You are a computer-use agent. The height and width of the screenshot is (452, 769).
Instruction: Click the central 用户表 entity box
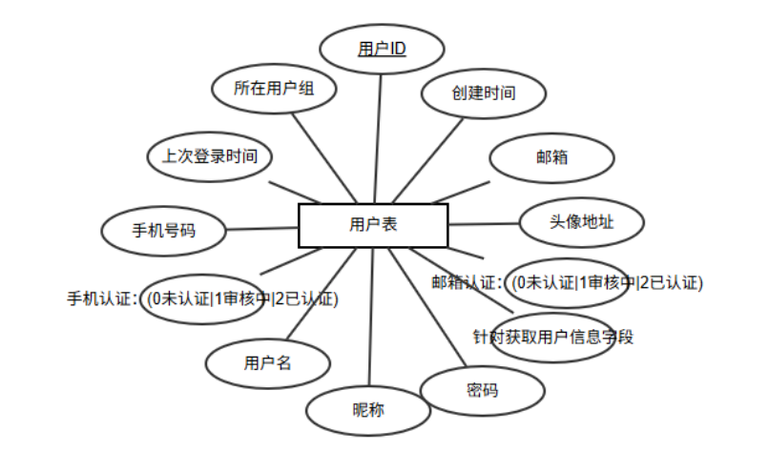pos(373,225)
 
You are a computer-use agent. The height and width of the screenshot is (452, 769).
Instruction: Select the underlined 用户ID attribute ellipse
pos(382,49)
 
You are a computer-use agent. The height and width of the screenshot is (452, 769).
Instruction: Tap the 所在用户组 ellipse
pos(273,90)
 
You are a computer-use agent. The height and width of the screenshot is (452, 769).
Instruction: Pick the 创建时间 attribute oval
pos(484,94)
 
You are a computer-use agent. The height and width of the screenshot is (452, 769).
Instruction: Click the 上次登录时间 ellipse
pos(209,156)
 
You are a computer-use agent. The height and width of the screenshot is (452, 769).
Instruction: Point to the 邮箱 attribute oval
pos(551,158)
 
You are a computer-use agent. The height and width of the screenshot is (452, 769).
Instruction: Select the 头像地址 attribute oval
pos(581,222)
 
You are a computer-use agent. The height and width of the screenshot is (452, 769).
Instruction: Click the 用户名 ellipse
pos(267,363)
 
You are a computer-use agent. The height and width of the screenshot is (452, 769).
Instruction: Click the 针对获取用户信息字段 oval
pos(553,337)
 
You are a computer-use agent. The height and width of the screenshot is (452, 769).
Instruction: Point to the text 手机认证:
pos(104,298)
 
